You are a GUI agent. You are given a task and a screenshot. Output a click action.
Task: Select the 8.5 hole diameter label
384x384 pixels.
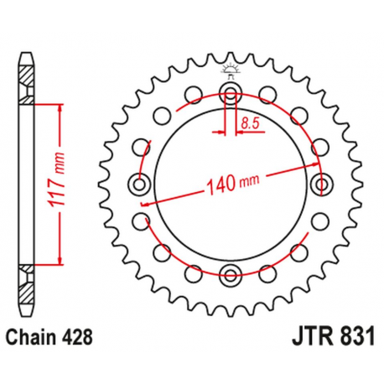tap(249, 124)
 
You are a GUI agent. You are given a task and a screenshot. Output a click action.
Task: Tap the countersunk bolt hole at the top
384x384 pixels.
tap(230, 91)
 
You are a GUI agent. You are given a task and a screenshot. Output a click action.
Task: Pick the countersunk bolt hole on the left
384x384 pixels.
tap(139, 183)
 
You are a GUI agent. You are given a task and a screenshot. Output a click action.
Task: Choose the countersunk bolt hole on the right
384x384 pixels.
tap(320, 183)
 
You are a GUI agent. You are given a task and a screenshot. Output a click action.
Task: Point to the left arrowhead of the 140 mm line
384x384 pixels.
tap(145, 202)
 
